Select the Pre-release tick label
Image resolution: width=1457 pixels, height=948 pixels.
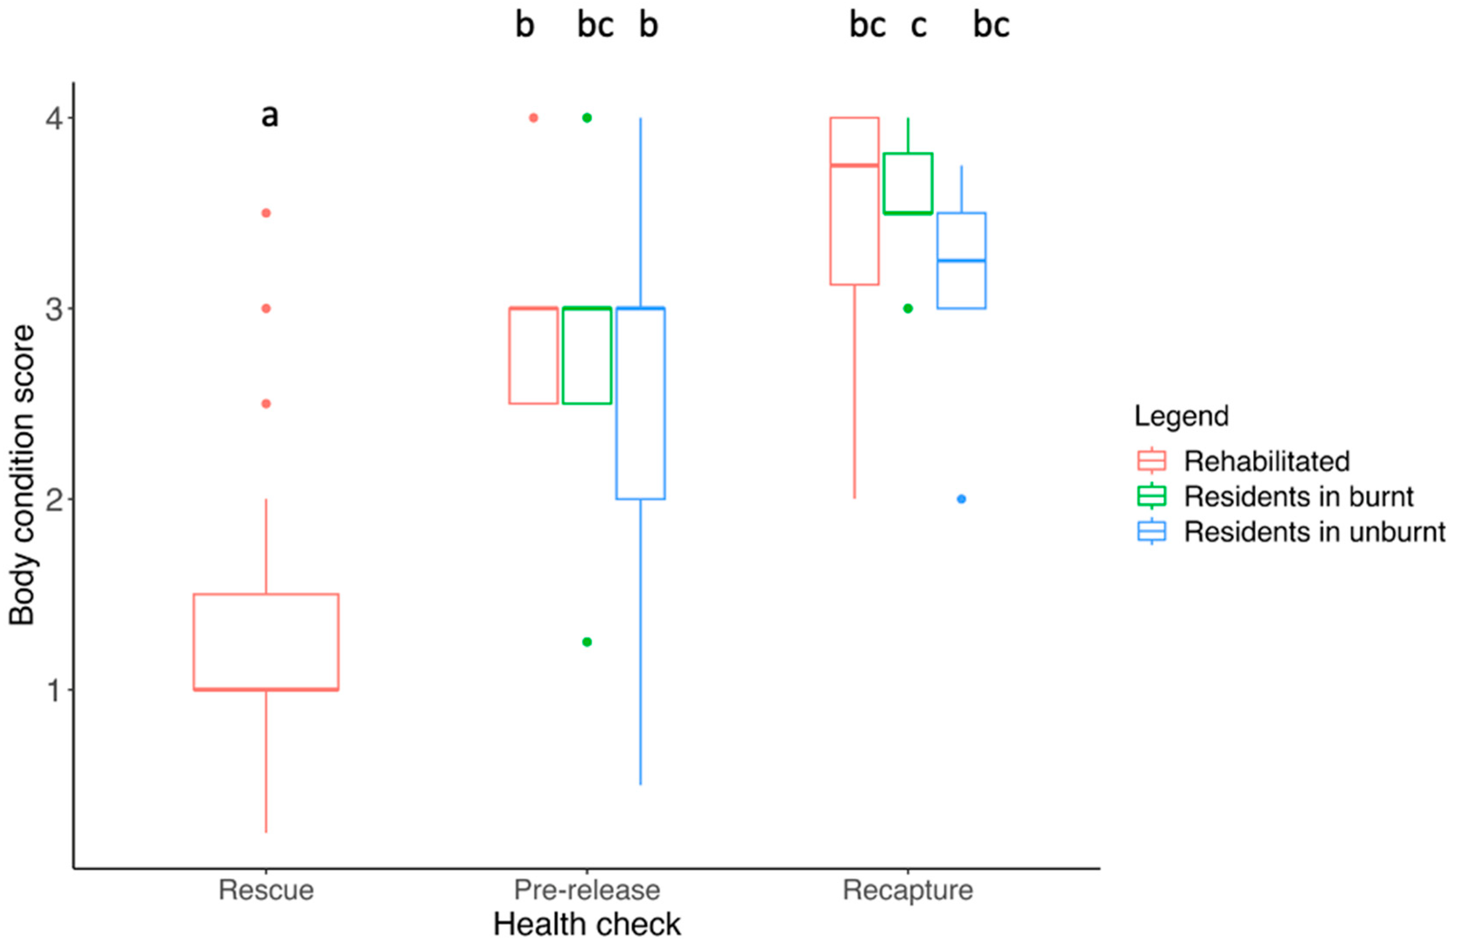tap(586, 890)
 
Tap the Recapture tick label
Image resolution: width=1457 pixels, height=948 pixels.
tap(907, 890)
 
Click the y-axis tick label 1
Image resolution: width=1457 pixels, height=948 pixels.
tap(54, 690)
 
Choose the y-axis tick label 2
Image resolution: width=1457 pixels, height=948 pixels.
tap(54, 499)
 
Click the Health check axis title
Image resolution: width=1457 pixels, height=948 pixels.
tap(586, 925)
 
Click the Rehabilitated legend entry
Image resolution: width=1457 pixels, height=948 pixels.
tap(1266, 461)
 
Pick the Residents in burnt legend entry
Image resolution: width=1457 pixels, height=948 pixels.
tap(1298, 496)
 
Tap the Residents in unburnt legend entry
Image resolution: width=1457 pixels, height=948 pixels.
tap(1314, 532)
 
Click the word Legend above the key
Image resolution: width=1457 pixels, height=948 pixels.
tap(1181, 416)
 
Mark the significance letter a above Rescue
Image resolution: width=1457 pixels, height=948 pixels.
tap(269, 116)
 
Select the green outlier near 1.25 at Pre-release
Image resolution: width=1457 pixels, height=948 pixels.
tap(586, 642)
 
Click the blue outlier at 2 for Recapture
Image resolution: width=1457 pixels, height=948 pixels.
tap(961, 499)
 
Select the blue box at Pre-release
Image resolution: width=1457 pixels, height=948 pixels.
tap(640, 404)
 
